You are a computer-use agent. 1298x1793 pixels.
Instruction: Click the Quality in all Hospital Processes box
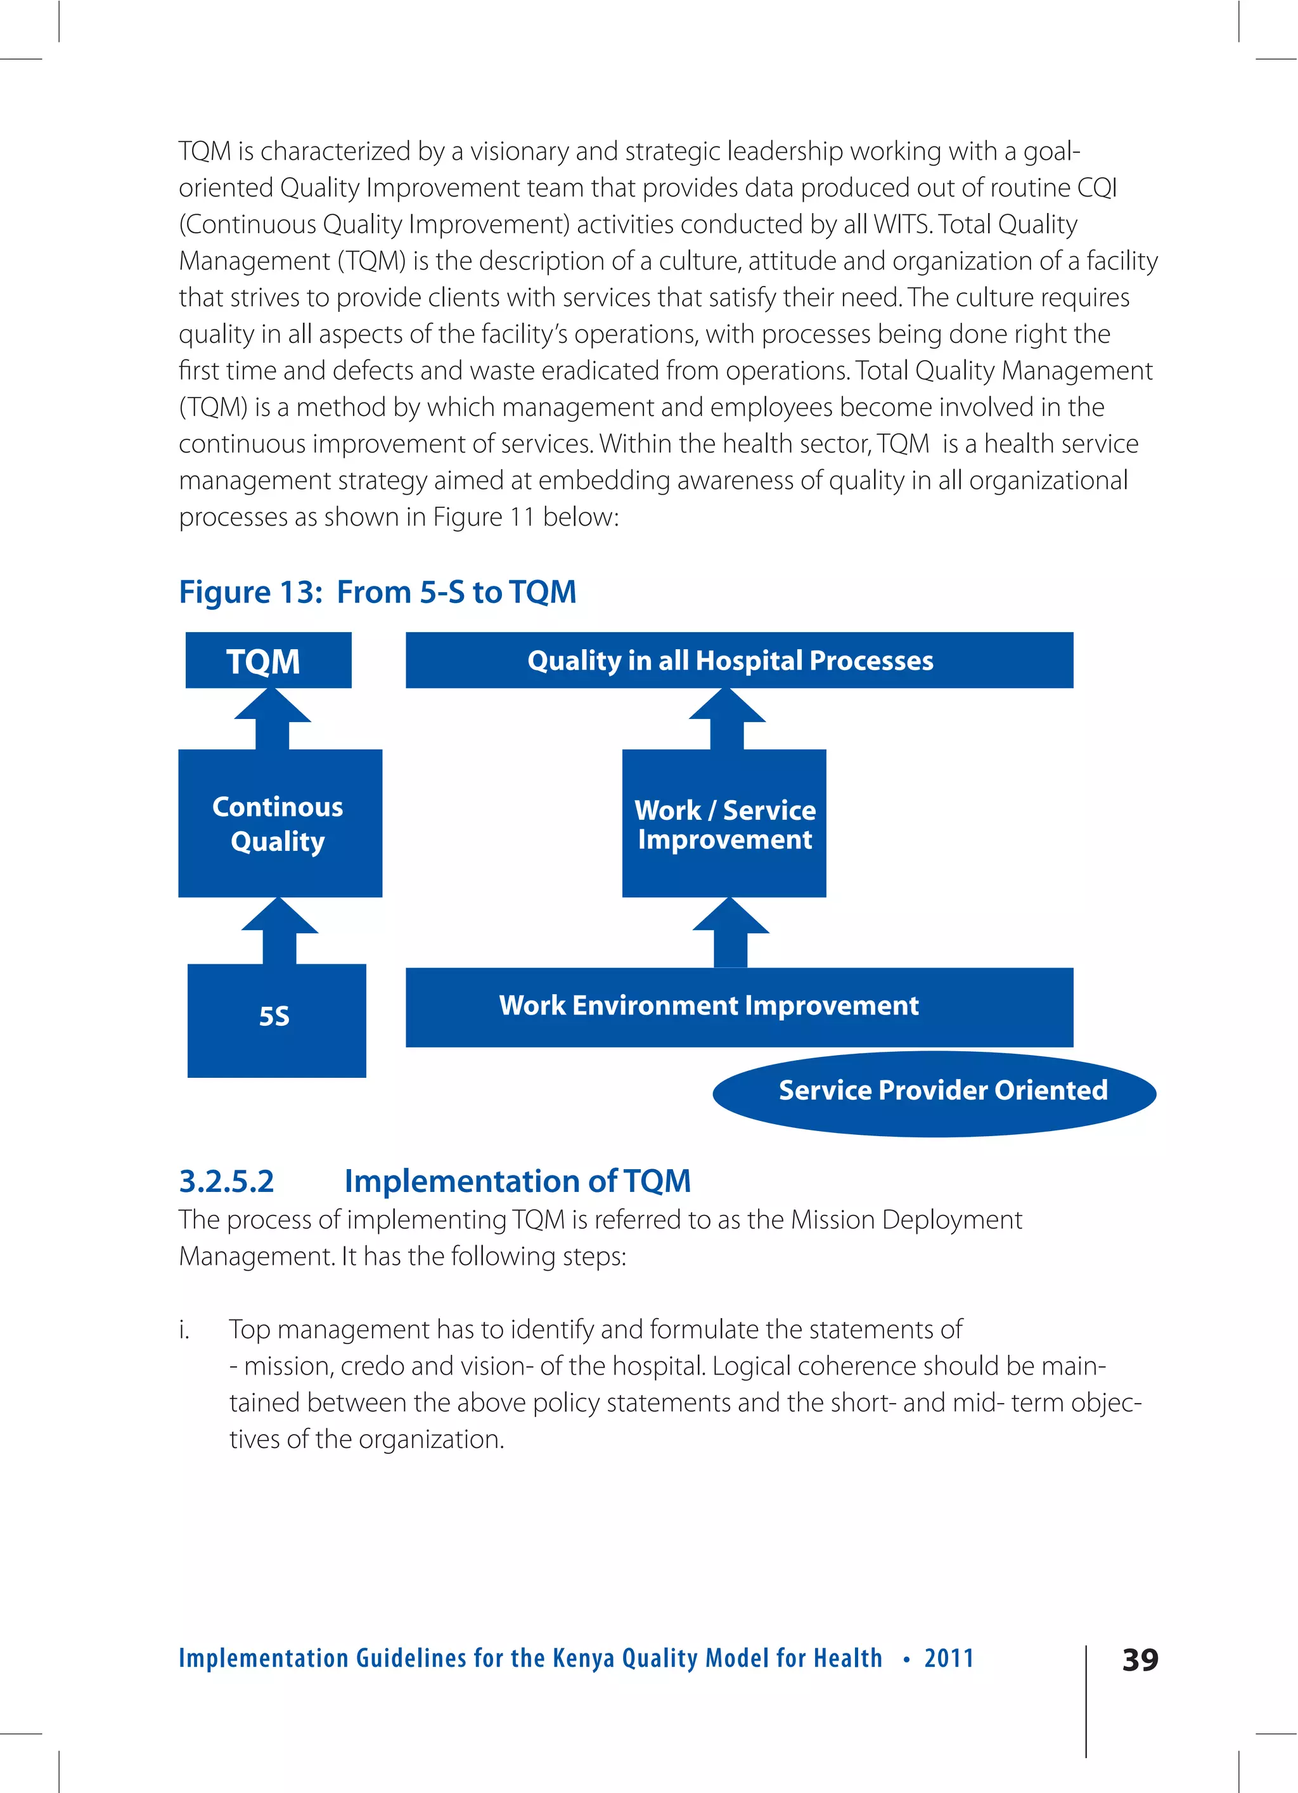point(738,660)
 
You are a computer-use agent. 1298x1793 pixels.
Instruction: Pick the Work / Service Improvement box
point(723,823)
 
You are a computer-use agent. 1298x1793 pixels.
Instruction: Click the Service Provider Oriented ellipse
point(934,1092)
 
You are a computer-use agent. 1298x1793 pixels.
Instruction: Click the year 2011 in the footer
point(949,1657)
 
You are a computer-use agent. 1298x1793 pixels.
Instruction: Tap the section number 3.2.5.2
point(226,1181)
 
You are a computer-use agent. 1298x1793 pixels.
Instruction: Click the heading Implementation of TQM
point(517,1181)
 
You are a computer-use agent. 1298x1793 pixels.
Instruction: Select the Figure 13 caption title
point(377,592)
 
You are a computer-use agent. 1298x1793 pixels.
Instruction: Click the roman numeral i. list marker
point(184,1330)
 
